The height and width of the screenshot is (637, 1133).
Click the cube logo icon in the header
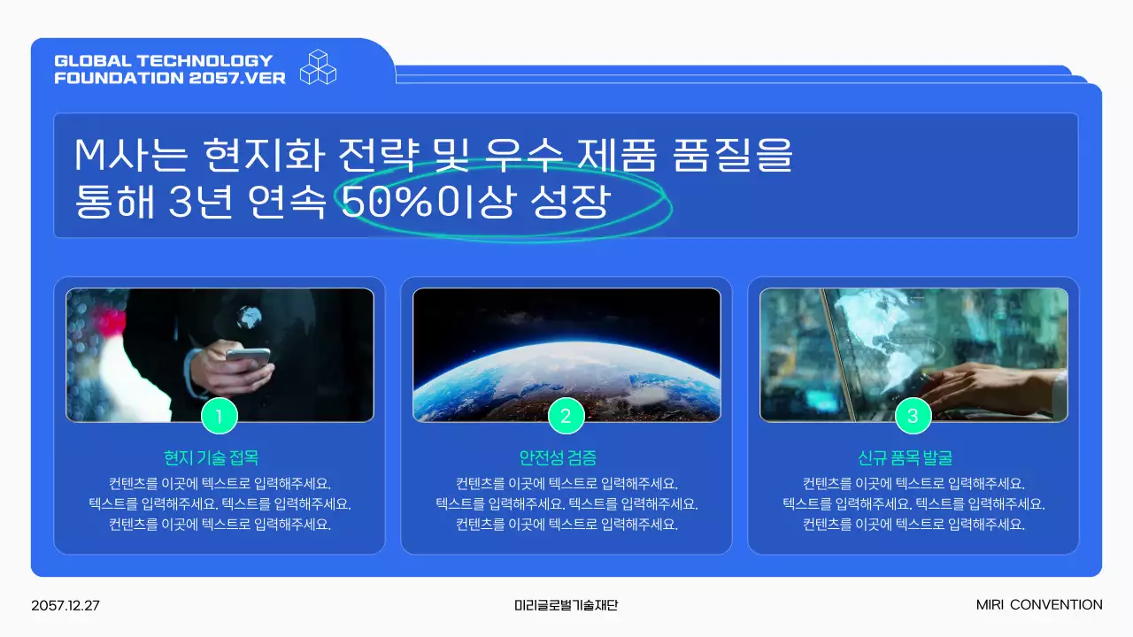319,67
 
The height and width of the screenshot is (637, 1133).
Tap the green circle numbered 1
220,416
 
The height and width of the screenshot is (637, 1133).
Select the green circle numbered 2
566,416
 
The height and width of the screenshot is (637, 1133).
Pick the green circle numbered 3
913,416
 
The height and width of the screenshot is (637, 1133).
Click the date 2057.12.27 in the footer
66,606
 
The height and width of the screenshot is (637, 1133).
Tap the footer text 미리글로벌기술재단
566,606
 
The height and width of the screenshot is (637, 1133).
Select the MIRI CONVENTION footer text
1039,605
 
